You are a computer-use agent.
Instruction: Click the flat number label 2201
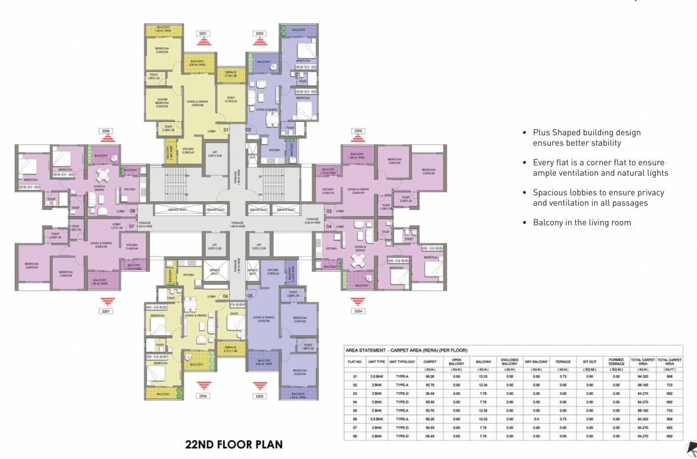tap(203, 33)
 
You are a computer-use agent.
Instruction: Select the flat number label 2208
tap(107, 131)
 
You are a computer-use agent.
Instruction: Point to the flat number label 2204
tap(358, 311)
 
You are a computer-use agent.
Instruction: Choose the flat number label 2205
tap(260, 396)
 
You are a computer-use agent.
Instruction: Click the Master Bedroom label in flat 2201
tap(162, 102)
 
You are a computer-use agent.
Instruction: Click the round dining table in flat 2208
tap(103, 175)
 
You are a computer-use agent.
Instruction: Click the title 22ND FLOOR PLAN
tap(234, 445)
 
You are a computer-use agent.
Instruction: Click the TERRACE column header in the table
tap(563, 362)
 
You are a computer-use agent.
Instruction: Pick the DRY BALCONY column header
tap(536, 362)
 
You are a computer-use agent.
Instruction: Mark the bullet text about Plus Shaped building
tap(587, 137)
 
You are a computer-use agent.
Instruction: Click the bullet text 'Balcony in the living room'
tap(582, 222)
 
